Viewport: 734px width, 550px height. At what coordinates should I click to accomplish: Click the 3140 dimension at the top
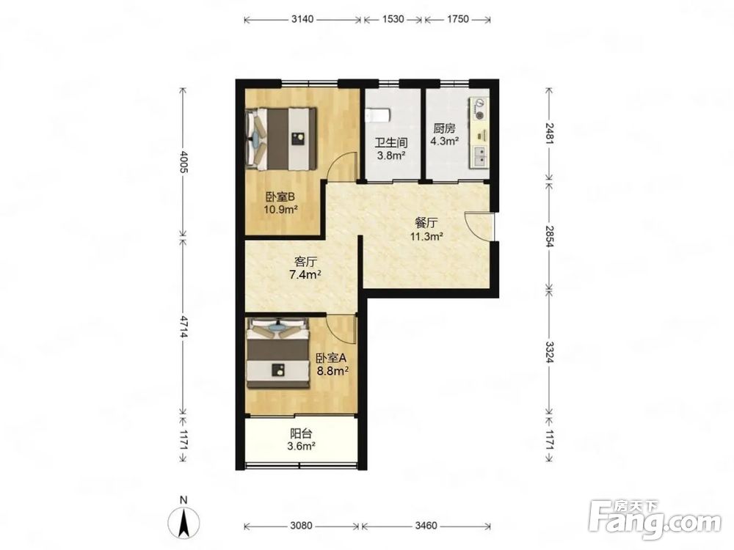pyautogui.click(x=302, y=19)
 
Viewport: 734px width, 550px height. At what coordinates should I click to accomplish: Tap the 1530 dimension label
pyautogui.click(x=393, y=19)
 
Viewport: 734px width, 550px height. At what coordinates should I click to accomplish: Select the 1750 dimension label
pyautogui.click(x=457, y=19)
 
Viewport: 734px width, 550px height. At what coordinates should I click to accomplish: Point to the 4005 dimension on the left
pyautogui.click(x=183, y=162)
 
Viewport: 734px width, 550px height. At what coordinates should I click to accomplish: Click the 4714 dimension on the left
pyautogui.click(x=183, y=326)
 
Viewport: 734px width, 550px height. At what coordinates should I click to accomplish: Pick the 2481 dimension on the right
pyautogui.click(x=549, y=133)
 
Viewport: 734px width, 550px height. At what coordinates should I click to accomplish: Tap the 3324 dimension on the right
pyautogui.click(x=549, y=351)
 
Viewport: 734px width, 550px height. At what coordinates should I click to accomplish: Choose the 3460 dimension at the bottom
pyautogui.click(x=426, y=526)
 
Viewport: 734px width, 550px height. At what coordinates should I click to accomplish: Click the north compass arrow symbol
pyautogui.click(x=183, y=521)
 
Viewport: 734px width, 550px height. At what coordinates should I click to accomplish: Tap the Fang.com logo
pyautogui.click(x=655, y=519)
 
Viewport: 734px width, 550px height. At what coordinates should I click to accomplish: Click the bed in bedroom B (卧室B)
pyautogui.click(x=282, y=139)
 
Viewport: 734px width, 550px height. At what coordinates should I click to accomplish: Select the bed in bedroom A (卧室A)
pyautogui.click(x=278, y=353)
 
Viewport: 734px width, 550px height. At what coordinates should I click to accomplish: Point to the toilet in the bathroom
pyautogui.click(x=378, y=115)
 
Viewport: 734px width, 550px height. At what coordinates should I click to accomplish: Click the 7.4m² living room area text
pyautogui.click(x=305, y=274)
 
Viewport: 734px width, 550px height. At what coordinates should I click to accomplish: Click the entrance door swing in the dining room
pyautogui.click(x=479, y=227)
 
